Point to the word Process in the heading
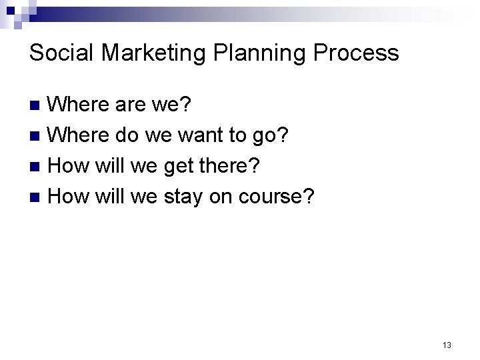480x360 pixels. coord(357,53)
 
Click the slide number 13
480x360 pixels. coord(446,345)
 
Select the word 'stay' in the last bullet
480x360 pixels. coord(185,197)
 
